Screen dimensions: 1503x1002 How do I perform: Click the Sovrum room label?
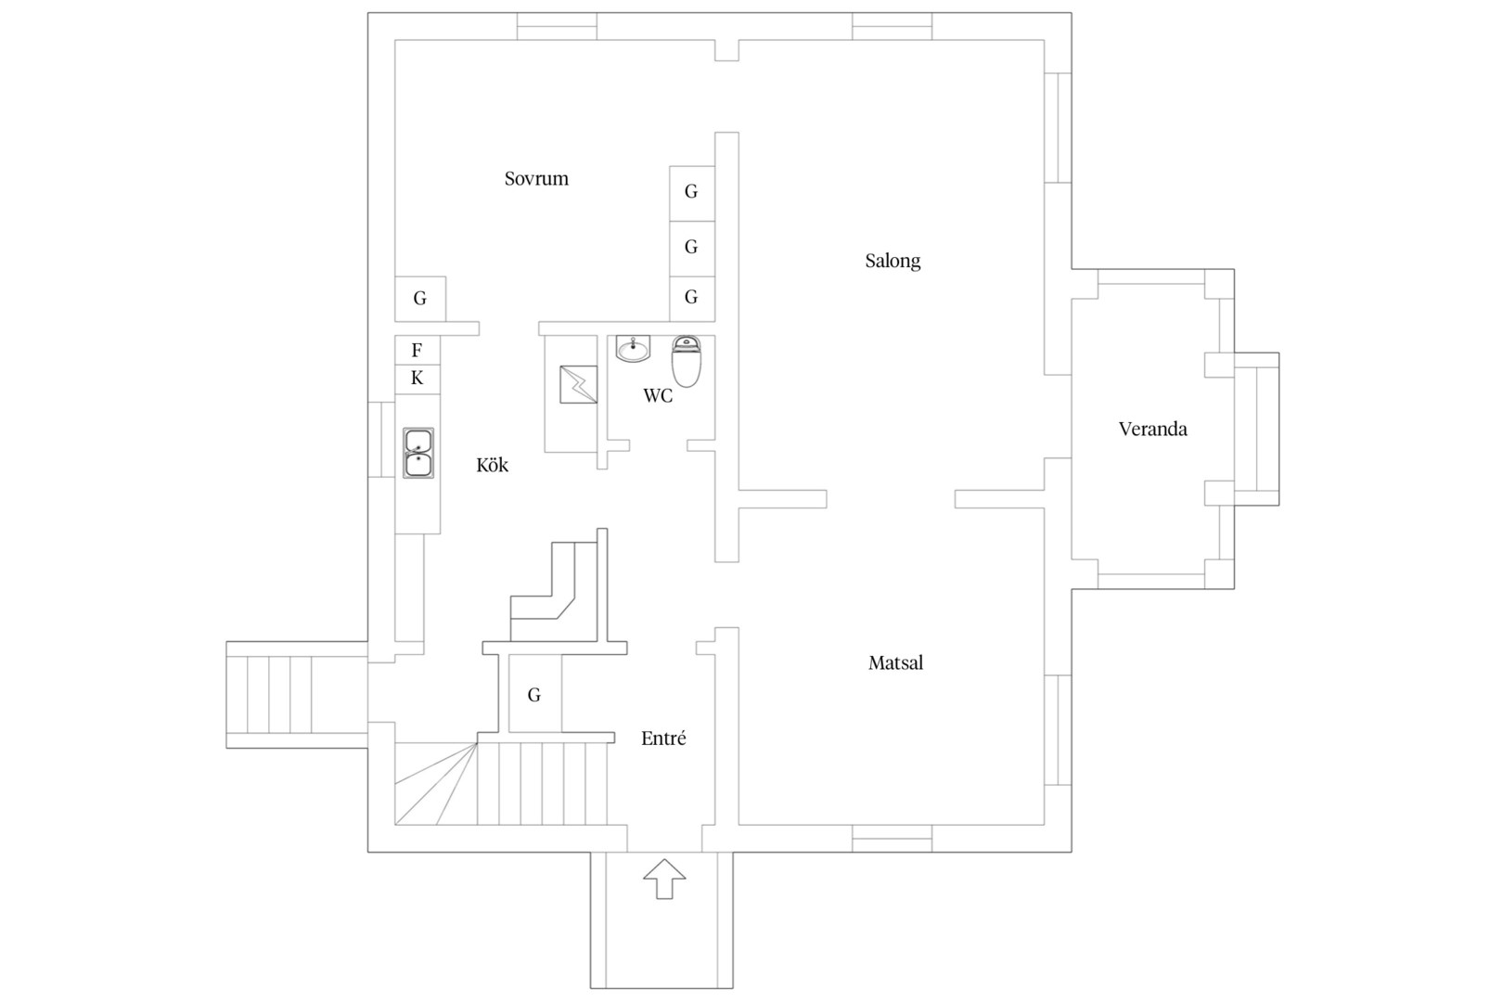[536, 178]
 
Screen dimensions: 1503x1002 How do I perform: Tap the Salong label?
[893, 261]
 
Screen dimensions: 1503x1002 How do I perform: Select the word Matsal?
[895, 663]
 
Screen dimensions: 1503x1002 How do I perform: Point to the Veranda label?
[1152, 429]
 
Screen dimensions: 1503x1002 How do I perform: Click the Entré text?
[663, 739]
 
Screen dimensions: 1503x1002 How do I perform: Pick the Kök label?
[493, 465]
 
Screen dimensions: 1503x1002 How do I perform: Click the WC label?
[658, 396]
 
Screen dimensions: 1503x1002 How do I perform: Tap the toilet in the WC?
[687, 361]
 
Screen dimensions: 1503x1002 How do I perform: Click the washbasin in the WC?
[633, 349]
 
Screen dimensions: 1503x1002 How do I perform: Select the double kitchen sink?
[418, 453]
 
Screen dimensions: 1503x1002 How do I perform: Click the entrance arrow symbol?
[664, 879]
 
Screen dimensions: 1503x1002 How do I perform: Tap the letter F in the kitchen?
[417, 350]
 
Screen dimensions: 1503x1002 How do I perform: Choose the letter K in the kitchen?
[417, 379]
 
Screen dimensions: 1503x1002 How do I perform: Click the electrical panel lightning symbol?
[578, 384]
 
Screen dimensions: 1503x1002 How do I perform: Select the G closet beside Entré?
[534, 694]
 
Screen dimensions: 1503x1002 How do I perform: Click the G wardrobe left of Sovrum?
[420, 299]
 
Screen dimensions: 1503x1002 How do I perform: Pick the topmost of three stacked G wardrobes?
[692, 193]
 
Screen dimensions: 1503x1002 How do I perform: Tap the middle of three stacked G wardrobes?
[692, 249]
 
